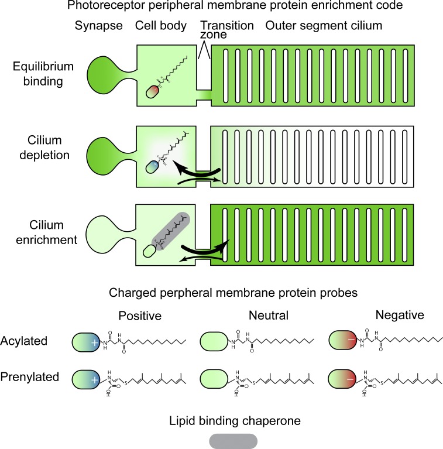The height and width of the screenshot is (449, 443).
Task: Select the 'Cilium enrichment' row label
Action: pos(40,232)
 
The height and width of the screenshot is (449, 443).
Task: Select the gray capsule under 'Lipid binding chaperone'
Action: pos(232,439)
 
